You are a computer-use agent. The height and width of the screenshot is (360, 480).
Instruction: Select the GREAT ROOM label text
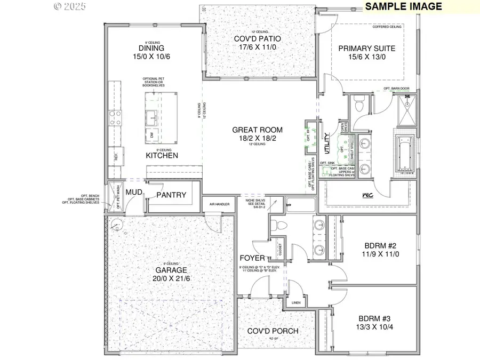tap(257, 130)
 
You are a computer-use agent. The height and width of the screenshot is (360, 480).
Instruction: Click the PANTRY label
tap(171, 195)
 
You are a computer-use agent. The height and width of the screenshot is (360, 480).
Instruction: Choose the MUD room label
tap(133, 191)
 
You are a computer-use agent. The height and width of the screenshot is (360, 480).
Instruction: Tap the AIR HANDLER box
tap(219, 204)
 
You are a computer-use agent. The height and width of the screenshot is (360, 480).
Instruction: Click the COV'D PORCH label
tap(273, 331)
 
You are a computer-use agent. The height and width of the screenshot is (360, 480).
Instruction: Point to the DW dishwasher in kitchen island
tap(151, 135)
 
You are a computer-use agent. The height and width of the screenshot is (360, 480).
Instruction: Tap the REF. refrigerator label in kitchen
tap(116, 157)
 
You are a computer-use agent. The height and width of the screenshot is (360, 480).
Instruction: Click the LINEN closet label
tap(297, 302)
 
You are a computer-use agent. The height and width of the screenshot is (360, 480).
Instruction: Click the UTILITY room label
tap(326, 143)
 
